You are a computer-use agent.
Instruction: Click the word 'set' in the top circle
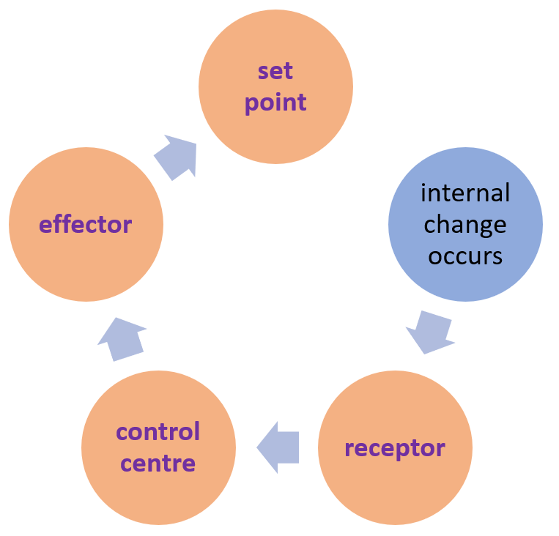275,71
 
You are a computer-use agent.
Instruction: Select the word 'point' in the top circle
275,103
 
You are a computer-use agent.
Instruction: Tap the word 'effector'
86,224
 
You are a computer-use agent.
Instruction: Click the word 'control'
158,431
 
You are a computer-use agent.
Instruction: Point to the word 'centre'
158,463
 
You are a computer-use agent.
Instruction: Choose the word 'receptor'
395,447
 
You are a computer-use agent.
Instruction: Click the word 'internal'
465,193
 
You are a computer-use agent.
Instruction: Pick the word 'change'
465,224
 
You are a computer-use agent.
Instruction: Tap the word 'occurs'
465,256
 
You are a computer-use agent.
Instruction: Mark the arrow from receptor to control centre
278,447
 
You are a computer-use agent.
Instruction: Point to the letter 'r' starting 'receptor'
349,448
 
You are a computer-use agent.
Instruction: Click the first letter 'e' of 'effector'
46,225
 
